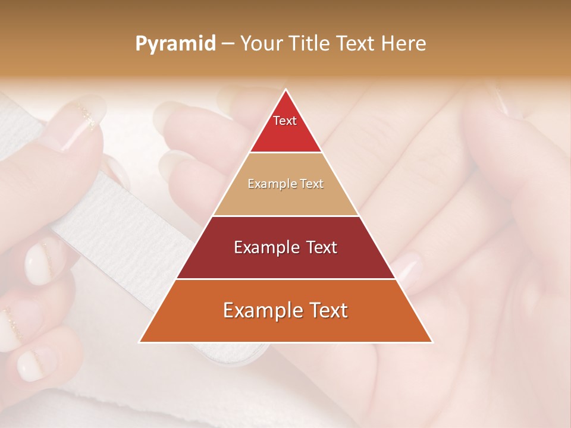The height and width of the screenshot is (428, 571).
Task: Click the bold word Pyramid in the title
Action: pyautogui.click(x=175, y=44)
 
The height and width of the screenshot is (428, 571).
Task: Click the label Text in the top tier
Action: pyautogui.click(x=285, y=121)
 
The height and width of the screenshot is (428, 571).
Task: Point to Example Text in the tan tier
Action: pyautogui.click(x=285, y=184)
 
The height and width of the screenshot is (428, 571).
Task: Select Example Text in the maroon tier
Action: pyautogui.click(x=285, y=247)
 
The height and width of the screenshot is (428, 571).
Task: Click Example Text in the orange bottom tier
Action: pyautogui.click(x=285, y=310)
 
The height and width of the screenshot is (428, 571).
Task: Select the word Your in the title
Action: pyautogui.click(x=260, y=43)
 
